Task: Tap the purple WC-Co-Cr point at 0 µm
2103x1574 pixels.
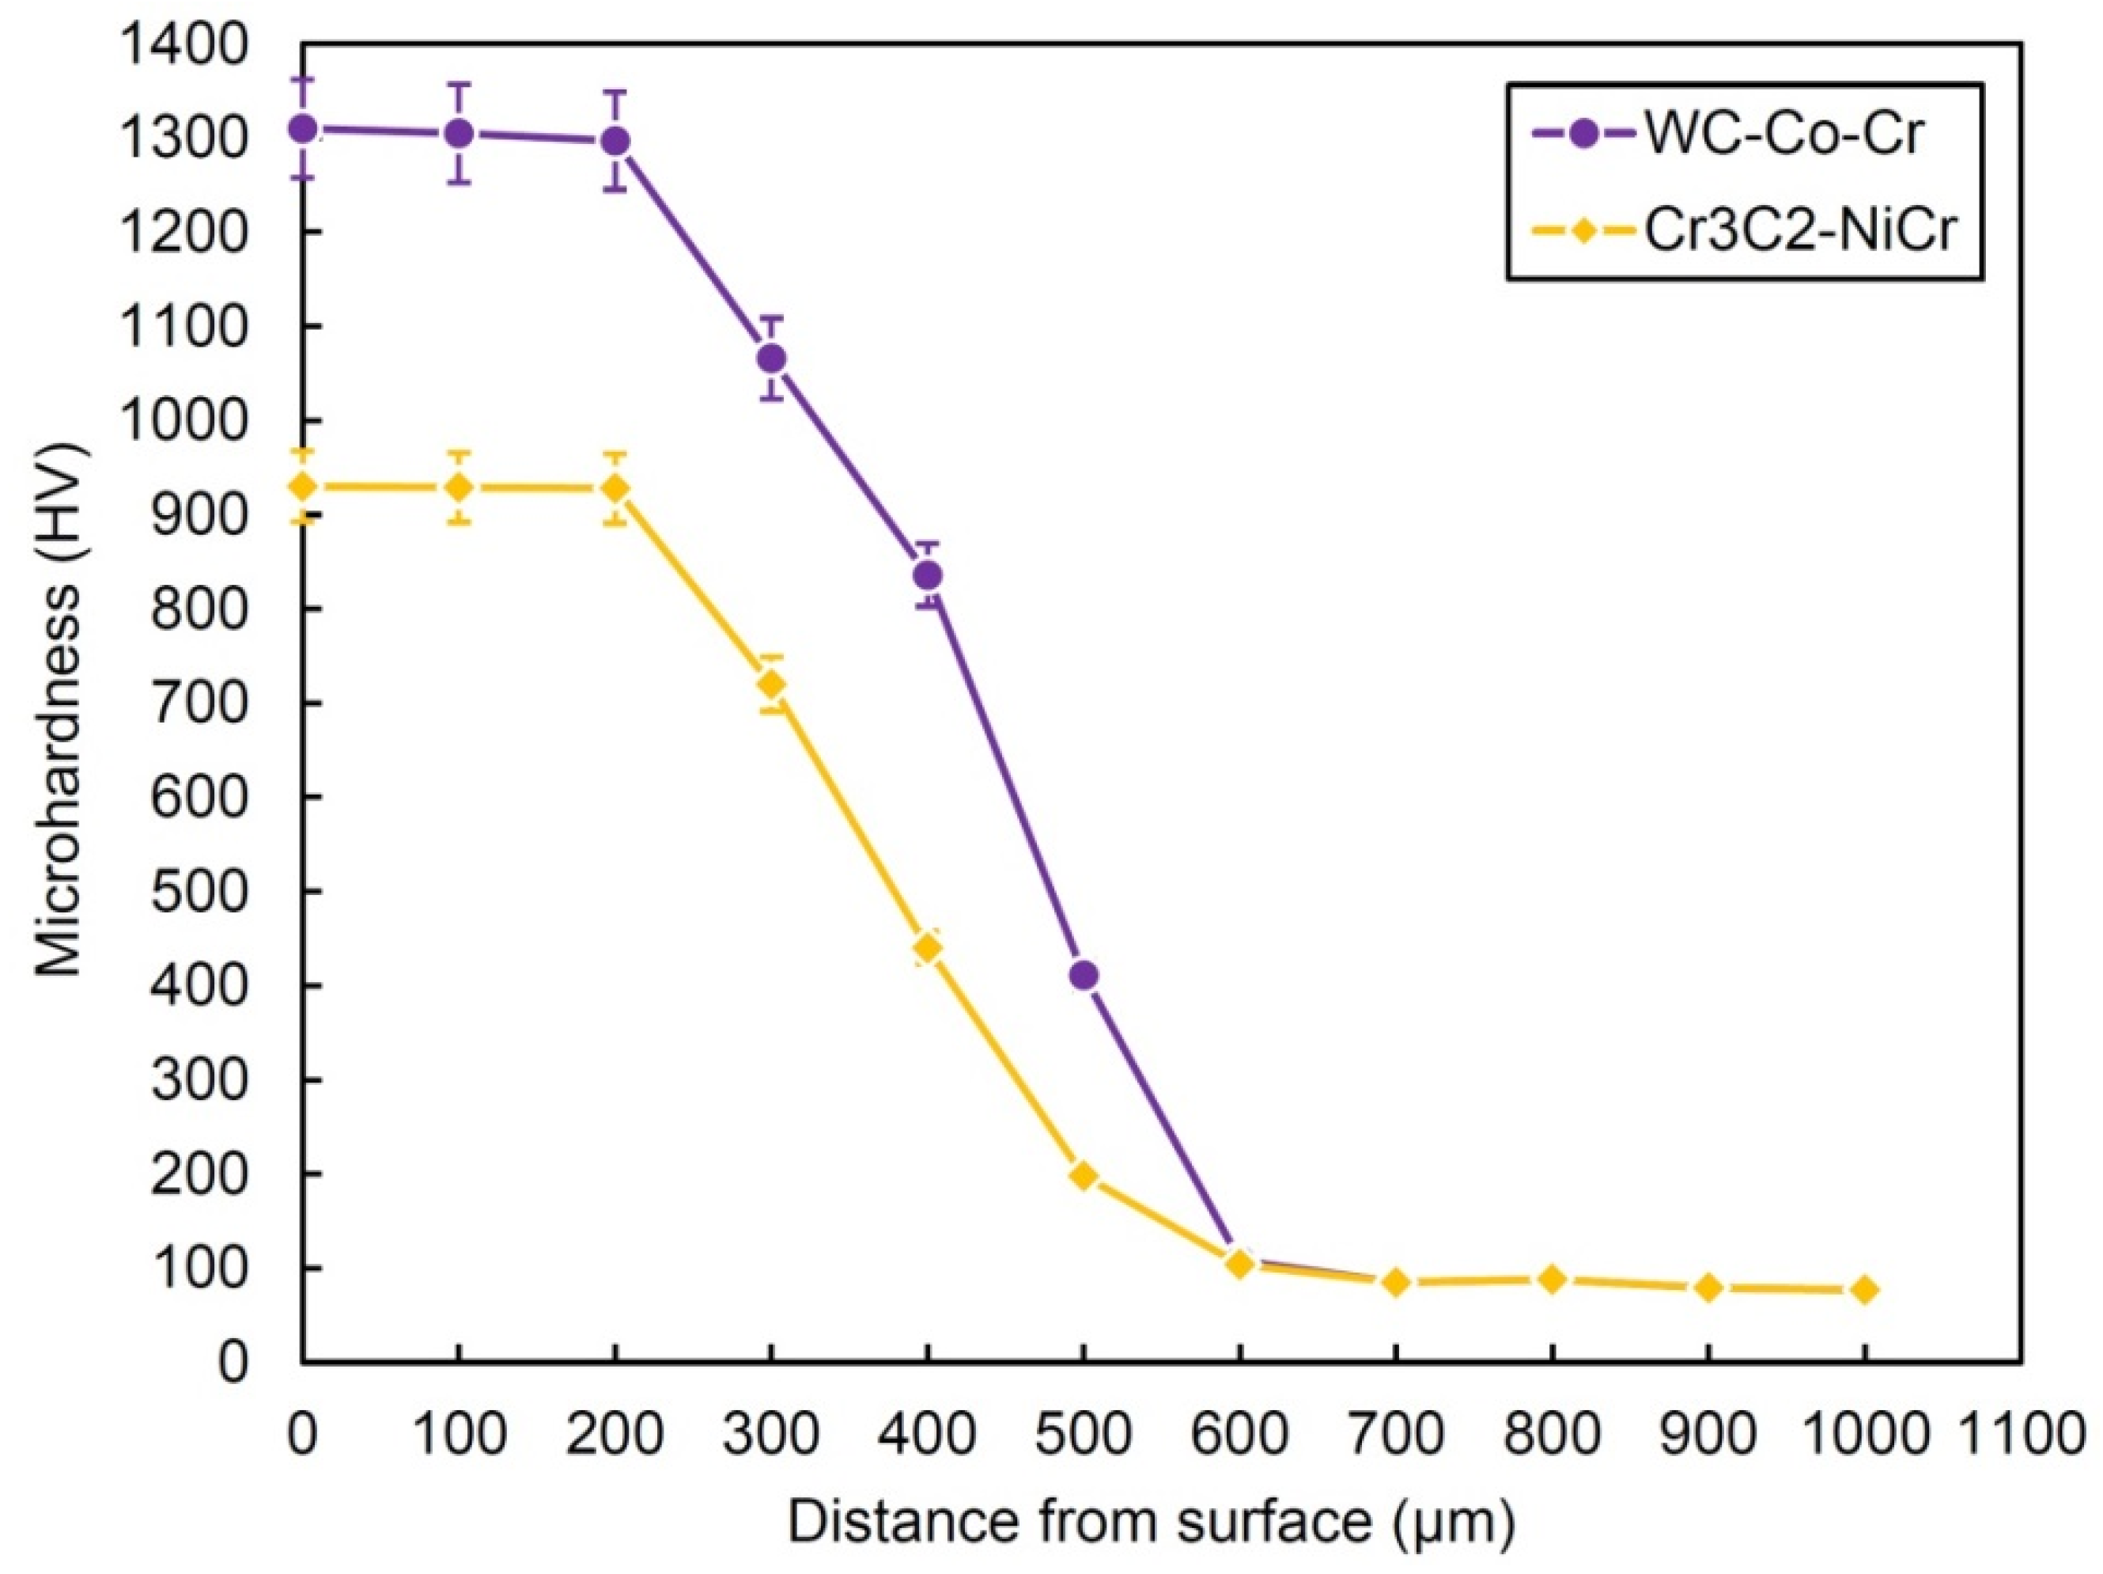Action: [302, 128]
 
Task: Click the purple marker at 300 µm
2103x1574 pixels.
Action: [772, 358]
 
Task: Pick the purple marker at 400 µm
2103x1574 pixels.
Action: [928, 575]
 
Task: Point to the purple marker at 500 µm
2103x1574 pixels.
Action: [1084, 975]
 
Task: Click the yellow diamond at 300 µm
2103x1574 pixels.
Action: [772, 685]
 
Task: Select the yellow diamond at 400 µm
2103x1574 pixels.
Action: [928, 948]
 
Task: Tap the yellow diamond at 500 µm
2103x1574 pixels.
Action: [1084, 1175]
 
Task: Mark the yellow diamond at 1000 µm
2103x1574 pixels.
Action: [1864, 1290]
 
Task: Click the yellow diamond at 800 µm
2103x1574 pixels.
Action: [1553, 1279]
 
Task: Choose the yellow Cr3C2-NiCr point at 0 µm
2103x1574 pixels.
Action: [302, 487]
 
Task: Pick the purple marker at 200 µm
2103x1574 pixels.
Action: [615, 141]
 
